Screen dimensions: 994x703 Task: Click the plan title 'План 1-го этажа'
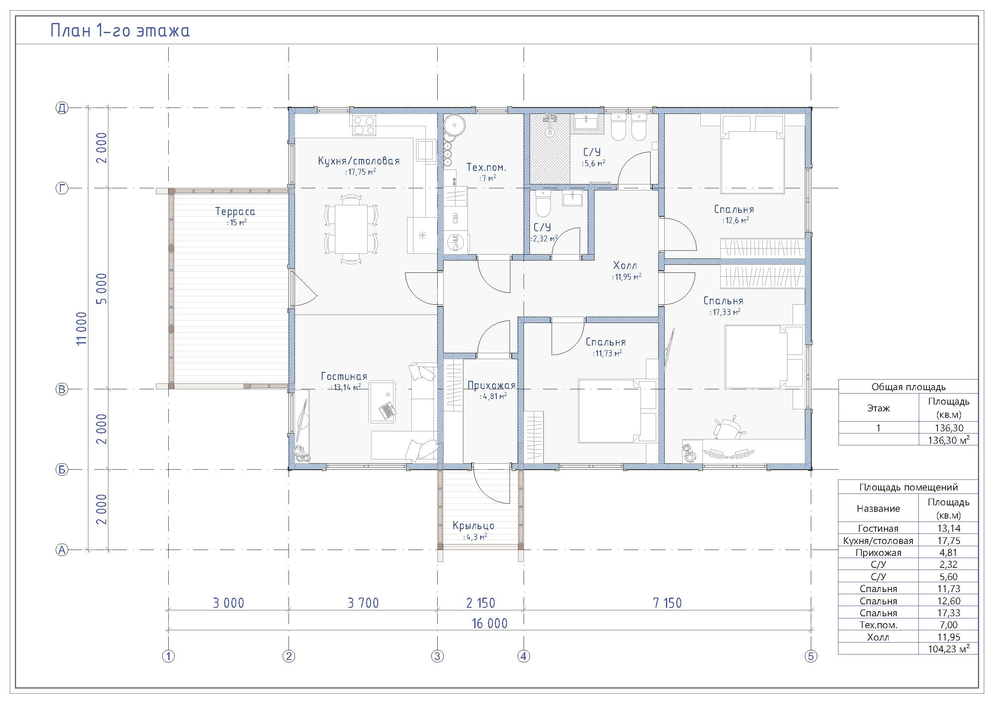[120, 31]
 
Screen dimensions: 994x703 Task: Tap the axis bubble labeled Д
[62, 108]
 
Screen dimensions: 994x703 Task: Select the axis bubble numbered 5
[811, 656]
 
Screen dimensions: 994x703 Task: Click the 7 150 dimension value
[667, 603]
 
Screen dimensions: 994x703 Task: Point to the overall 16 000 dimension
[489, 623]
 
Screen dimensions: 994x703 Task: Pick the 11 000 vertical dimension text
[82, 328]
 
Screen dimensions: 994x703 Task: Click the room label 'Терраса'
[235, 212]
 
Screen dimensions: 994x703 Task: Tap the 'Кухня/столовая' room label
[359, 161]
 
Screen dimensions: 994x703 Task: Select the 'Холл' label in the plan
[625, 265]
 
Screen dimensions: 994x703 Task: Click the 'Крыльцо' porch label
[473, 526]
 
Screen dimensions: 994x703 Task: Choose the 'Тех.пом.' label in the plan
[486, 167]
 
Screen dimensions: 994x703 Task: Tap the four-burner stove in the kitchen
[364, 125]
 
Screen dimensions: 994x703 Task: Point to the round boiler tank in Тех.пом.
[455, 125]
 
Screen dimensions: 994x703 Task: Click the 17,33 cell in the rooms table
[948, 612]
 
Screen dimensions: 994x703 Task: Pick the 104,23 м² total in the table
[949, 649]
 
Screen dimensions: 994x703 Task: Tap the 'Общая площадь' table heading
[908, 387]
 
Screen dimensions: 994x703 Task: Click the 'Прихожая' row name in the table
[878, 553]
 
